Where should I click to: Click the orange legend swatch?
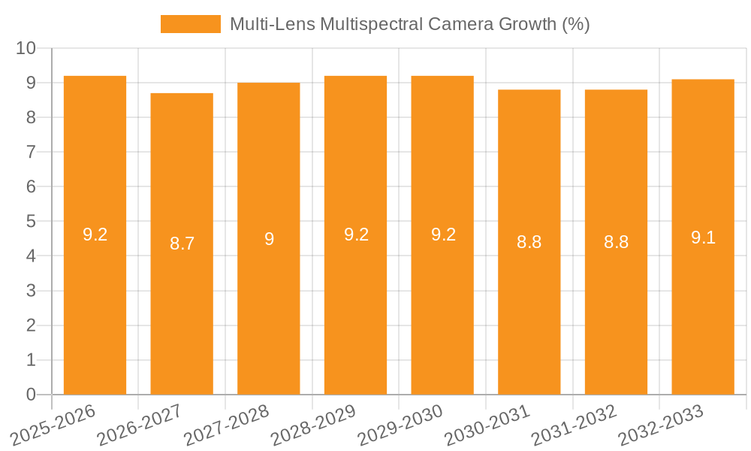coord(191,24)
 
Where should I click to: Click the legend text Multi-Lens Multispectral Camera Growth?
coord(409,24)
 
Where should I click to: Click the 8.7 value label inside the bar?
coord(182,243)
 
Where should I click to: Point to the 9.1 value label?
coord(703,238)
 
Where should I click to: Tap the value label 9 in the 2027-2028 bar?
coord(269,239)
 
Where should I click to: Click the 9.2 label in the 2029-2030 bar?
coord(443,235)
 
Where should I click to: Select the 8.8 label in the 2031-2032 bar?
coord(616,242)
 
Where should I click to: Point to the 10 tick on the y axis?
coord(26,48)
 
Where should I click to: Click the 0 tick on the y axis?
coord(31,395)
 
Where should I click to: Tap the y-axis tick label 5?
coord(31,222)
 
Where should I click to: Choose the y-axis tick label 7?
coord(31,152)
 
